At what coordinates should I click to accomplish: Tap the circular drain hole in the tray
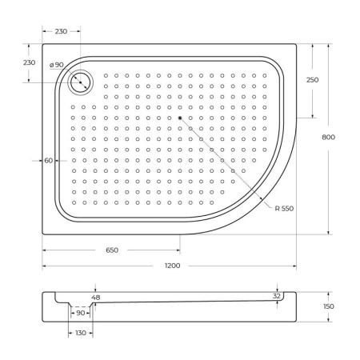[81, 81]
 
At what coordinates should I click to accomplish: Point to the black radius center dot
[181, 118]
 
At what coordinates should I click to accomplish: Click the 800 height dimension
[328, 137]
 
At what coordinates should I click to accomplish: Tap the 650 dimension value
[111, 250]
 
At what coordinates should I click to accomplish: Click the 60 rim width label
[49, 160]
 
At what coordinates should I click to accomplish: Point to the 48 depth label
[96, 297]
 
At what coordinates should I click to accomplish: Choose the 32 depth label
[277, 295]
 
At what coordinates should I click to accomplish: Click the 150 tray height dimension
[329, 306]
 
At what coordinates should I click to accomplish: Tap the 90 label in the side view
[80, 313]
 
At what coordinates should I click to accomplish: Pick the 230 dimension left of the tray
[29, 62]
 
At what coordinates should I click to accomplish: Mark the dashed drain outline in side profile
[80, 306]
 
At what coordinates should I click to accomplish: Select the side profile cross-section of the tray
[184, 312]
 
